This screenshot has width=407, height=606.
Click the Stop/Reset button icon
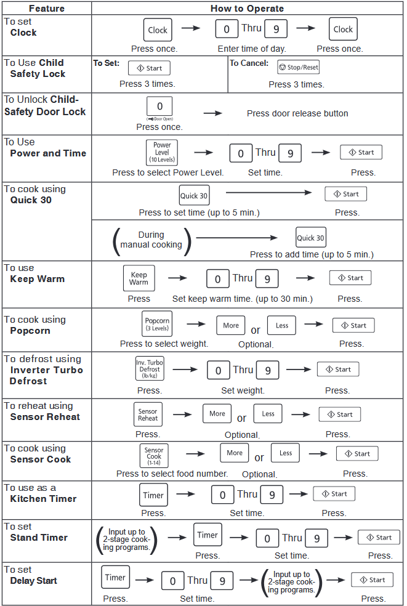[298, 67]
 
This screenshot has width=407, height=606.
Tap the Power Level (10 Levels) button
[162, 152]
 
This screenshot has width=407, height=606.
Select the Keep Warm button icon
[139, 278]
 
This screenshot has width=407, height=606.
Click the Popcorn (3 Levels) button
[157, 324]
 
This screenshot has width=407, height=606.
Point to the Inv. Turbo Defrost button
[150, 369]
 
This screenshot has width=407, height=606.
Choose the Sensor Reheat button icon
[148, 414]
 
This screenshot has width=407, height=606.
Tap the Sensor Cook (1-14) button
[154, 456]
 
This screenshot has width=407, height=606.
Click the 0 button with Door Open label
[159, 107]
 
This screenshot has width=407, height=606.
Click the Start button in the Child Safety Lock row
[149, 68]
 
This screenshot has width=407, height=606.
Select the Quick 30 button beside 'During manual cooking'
[311, 237]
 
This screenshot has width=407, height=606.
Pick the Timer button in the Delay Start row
[115, 577]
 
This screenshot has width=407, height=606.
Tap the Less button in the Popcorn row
[282, 325]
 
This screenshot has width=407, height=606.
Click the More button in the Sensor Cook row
[235, 453]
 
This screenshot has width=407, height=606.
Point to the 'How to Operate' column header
[247, 9]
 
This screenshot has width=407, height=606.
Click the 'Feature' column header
[47, 9]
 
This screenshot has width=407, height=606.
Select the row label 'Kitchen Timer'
[43, 499]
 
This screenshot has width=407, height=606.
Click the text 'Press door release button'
[297, 113]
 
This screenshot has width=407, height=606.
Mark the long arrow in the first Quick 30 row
[268, 192]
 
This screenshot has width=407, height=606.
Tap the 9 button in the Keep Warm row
[267, 278]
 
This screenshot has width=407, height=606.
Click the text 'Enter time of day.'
[252, 49]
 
